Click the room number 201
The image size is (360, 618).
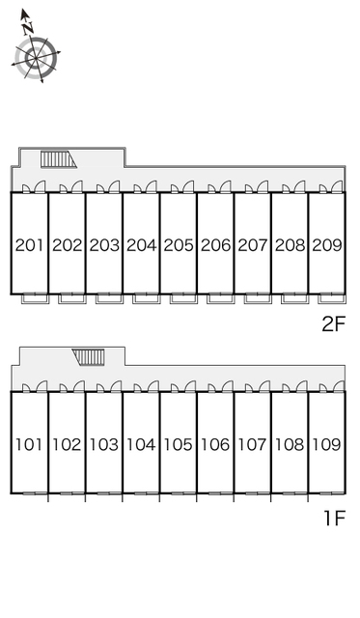click(x=29, y=245)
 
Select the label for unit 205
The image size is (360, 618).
click(x=179, y=245)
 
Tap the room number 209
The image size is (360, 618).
click(x=327, y=245)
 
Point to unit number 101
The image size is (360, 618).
click(x=28, y=444)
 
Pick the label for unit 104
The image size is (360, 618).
click(x=141, y=444)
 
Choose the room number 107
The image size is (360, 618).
click(x=252, y=444)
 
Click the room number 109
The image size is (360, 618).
click(x=326, y=444)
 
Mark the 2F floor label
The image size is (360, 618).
click(x=333, y=324)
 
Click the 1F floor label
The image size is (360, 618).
click(x=334, y=518)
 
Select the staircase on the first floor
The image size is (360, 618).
click(x=89, y=356)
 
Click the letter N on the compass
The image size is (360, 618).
click(x=28, y=28)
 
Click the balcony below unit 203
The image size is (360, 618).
click(x=109, y=298)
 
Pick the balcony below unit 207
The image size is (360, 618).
click(x=258, y=298)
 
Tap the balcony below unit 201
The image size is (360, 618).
click(x=35, y=298)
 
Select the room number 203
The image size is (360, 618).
click(x=104, y=245)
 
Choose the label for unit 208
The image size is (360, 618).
click(x=290, y=245)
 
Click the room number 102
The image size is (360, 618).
click(x=67, y=444)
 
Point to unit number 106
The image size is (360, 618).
click(x=215, y=444)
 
